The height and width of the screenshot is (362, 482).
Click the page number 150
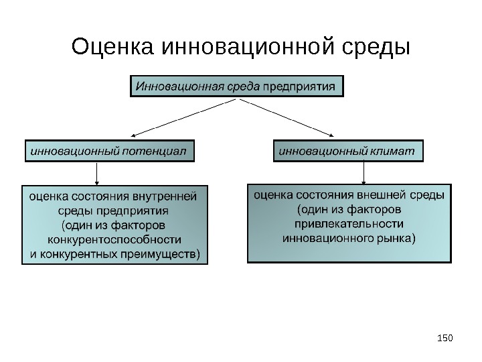pos(445,335)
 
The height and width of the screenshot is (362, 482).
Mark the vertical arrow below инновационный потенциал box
pos(98,173)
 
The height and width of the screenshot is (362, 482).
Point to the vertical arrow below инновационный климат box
pos(363,172)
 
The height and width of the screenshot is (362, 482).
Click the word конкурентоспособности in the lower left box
pos(114,239)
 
